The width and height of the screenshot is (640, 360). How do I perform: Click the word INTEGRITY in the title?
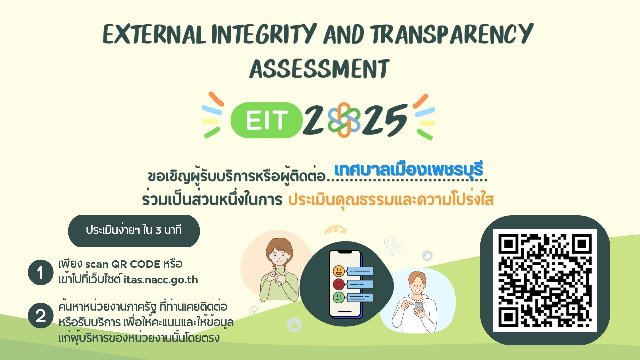point(263,34)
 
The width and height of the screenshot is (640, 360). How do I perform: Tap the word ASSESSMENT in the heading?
point(320,69)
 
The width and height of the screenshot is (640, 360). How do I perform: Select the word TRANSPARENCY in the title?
point(452,34)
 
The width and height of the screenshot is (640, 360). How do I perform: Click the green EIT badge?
point(266,120)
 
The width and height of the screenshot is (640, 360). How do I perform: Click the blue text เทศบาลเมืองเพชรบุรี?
point(409,170)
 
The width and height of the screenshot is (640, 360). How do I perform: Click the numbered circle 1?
point(41,272)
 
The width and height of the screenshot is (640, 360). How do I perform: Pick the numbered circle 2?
point(41,315)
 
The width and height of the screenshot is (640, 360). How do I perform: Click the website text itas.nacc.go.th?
point(161,280)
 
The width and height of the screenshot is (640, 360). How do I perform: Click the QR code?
point(545,280)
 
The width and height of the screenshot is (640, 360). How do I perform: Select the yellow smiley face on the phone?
point(339,271)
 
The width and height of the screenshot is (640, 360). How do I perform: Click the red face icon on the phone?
point(339,284)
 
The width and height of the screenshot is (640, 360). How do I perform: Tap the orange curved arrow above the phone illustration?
point(336,230)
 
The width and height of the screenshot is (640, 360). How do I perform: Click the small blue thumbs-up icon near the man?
point(427,256)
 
